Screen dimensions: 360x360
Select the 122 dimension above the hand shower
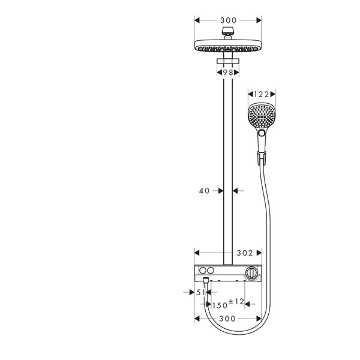(261, 94)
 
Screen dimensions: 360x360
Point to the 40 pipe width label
(205, 191)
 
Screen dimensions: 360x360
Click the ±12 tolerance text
(237, 301)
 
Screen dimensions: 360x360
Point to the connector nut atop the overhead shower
(228, 31)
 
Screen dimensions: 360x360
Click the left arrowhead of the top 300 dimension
(197, 20)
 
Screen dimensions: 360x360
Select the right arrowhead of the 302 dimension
(259, 253)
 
